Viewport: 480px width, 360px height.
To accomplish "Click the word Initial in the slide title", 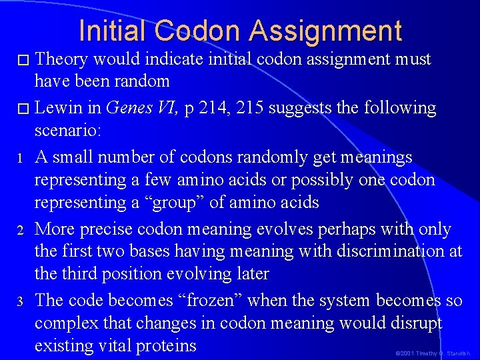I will tap(114, 31).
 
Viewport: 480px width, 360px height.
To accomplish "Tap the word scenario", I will tap(67, 130).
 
